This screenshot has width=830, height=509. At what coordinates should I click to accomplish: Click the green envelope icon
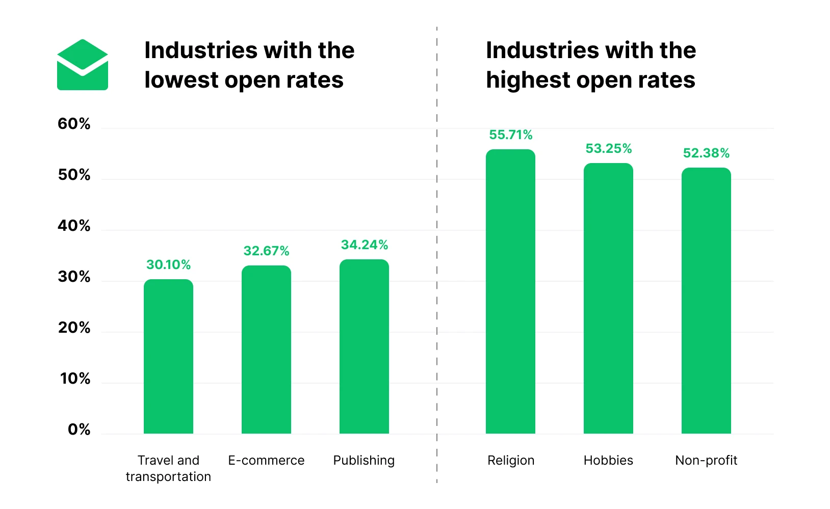(83, 65)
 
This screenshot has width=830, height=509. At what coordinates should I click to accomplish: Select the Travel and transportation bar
(168, 357)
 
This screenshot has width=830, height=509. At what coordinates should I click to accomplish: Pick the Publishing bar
(364, 346)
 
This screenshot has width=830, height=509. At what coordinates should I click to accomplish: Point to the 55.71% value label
(510, 135)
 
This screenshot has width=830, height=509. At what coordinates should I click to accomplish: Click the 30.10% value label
(168, 265)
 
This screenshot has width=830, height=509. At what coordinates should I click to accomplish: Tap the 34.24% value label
(364, 245)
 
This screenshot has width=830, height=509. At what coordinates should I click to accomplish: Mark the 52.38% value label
(706, 153)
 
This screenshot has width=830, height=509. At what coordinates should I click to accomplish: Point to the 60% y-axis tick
(74, 124)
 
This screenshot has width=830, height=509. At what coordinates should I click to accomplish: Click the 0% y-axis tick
(79, 430)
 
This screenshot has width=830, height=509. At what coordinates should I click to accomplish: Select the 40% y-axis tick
(74, 226)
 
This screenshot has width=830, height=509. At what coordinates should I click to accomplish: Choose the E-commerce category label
(266, 461)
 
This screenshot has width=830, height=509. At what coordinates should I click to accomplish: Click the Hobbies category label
(608, 461)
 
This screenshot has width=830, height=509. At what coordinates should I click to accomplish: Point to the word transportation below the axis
(168, 477)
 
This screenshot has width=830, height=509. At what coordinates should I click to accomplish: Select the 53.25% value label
(608, 149)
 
